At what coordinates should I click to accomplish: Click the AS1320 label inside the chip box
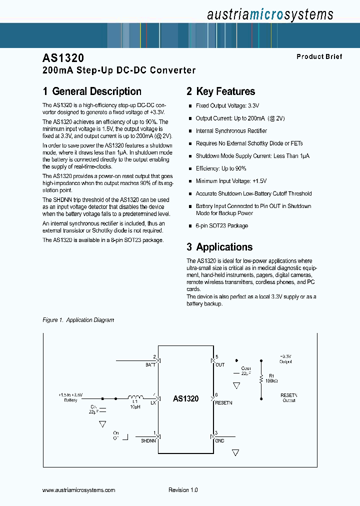tap(185, 398)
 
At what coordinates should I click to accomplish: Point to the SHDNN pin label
tap(148, 440)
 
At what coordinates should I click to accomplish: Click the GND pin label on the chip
tap(219, 440)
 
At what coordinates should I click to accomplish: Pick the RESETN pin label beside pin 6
tap(224, 402)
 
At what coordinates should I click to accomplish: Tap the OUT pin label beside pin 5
tap(220, 365)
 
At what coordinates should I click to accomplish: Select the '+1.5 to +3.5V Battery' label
tap(71, 397)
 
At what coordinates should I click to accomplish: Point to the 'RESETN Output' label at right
tap(289, 397)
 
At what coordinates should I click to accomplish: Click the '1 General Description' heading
tap(92, 91)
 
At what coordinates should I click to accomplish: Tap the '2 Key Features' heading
tap(220, 91)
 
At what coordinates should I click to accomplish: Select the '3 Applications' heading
tap(219, 247)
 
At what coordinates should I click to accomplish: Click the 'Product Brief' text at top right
tap(319, 56)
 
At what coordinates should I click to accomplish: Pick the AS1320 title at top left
tap(63, 58)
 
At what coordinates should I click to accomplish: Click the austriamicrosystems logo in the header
tap(269, 14)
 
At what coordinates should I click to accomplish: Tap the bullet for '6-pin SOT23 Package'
tap(190, 226)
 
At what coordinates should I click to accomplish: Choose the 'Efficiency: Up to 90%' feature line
tap(221, 168)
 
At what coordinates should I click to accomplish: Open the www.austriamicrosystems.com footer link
tap(79, 490)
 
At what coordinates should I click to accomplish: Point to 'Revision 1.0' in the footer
tap(183, 490)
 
